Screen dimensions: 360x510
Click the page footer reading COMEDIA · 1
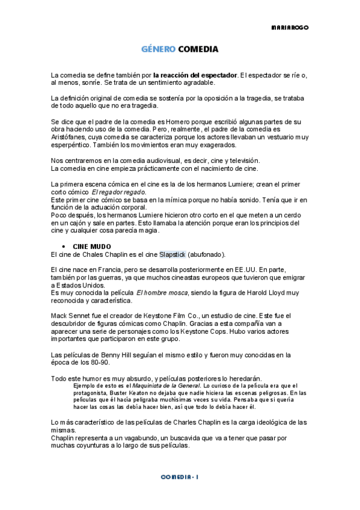[x=180, y=476]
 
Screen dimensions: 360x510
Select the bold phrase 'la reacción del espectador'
[x=195, y=75]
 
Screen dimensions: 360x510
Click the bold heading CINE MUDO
[x=92, y=247]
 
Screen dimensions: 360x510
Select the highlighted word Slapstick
[x=172, y=254]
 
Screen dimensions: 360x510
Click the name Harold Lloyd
[x=259, y=292]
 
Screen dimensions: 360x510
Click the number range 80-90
[x=92, y=363]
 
